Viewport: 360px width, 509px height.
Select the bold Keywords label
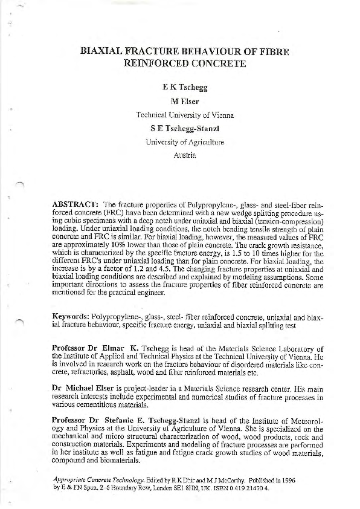tap(72, 316)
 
